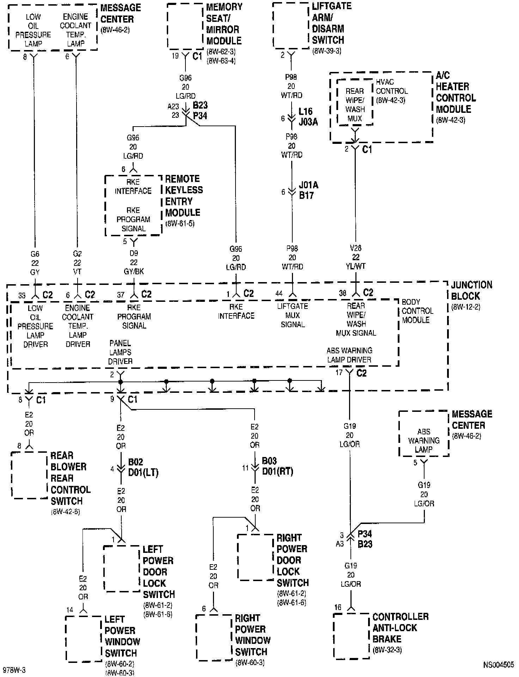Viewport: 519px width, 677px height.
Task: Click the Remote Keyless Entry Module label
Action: click(x=184, y=196)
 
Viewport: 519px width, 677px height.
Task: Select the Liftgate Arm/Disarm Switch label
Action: click(x=328, y=23)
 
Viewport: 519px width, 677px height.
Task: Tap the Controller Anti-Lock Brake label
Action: click(x=400, y=628)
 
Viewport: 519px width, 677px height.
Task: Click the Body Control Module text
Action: click(x=417, y=311)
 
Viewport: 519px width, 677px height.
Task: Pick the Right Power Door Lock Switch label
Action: click(x=292, y=560)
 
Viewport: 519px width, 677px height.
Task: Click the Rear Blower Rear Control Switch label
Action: click(x=70, y=478)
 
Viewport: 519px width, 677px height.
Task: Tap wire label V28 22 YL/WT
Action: click(x=356, y=257)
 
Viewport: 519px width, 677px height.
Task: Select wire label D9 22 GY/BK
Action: click(x=134, y=262)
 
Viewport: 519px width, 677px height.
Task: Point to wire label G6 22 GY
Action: click(x=35, y=263)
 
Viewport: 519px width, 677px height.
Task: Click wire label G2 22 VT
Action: click(x=77, y=263)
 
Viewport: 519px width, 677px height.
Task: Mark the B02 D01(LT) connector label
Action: click(x=143, y=467)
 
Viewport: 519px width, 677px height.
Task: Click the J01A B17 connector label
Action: click(x=308, y=190)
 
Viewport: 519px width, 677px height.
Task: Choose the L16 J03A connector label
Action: click(x=308, y=117)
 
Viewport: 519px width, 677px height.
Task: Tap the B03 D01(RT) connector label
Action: click(x=277, y=466)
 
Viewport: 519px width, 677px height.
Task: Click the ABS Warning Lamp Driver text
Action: click(x=349, y=355)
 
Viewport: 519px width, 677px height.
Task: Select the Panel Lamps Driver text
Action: click(x=121, y=352)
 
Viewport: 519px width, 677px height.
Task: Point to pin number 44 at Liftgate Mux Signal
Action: click(x=279, y=293)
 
